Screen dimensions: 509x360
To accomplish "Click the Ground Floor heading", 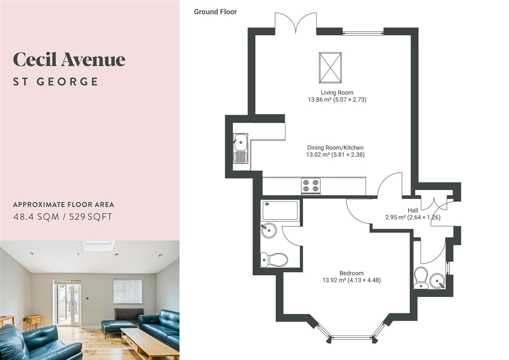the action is (x=215, y=12).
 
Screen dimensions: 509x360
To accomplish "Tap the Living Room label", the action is (x=337, y=93).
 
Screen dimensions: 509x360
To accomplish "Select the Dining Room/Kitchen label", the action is (x=335, y=147).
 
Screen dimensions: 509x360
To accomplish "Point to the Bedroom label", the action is (x=352, y=273).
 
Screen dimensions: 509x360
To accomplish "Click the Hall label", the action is (x=413, y=210).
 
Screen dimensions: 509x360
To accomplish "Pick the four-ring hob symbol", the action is (x=311, y=186).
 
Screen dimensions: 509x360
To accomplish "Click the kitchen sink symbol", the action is (x=240, y=148).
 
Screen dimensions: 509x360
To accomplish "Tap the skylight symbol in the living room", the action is (x=330, y=68).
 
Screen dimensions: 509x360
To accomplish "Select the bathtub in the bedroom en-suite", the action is (x=280, y=210).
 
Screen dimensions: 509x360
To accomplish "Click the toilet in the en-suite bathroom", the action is (x=274, y=260).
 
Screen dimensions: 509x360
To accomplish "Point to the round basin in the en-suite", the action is (x=269, y=230).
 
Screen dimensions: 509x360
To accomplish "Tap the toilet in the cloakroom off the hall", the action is (x=421, y=278).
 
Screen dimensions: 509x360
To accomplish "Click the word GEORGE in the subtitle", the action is (x=67, y=82).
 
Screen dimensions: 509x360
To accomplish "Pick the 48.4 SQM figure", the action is (x=36, y=217).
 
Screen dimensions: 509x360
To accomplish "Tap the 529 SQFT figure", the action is (x=91, y=217).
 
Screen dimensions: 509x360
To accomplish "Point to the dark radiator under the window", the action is (x=129, y=315).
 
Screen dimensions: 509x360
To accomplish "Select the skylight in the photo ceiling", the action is (x=99, y=246).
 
